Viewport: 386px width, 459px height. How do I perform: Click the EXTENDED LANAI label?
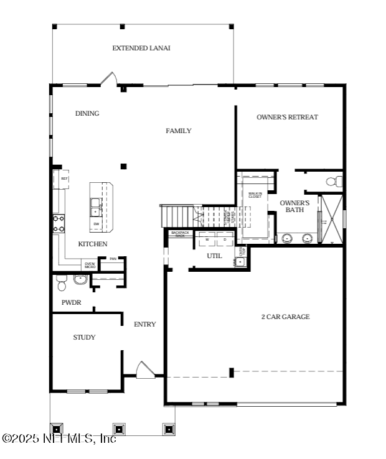pos(141,48)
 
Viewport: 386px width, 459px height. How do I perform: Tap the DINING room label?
pos(87,113)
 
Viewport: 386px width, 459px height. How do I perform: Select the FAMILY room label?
pos(178,131)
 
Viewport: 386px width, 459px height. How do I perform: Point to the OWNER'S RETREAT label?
pos(287,117)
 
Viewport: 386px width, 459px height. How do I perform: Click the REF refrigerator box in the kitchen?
pos(64,179)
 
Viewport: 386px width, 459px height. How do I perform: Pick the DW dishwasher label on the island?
pos(96,223)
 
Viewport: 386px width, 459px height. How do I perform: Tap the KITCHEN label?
pos(92,244)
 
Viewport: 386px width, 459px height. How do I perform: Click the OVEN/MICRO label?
pos(90,266)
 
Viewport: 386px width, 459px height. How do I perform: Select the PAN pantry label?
pos(113,259)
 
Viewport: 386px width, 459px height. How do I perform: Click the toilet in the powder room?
pos(62,284)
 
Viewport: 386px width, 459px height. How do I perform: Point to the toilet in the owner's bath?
pos(334,182)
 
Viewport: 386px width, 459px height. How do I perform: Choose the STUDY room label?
pos(84,337)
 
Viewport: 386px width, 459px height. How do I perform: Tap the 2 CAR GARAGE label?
pos(285,317)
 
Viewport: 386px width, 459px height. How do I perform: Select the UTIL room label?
pos(214,256)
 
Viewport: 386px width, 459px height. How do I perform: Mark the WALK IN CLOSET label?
pos(255,195)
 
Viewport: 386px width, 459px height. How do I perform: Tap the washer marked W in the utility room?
pos(207,239)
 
